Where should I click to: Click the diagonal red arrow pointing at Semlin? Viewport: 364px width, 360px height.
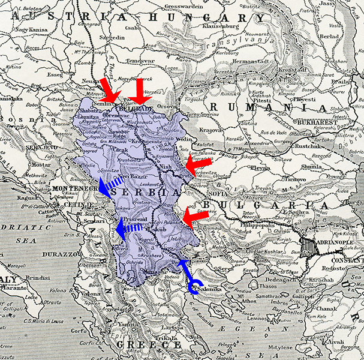(x=110, y=91)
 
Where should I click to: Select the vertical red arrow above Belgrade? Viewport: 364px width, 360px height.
(x=140, y=91)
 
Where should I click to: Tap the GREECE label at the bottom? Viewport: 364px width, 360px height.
(x=149, y=345)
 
